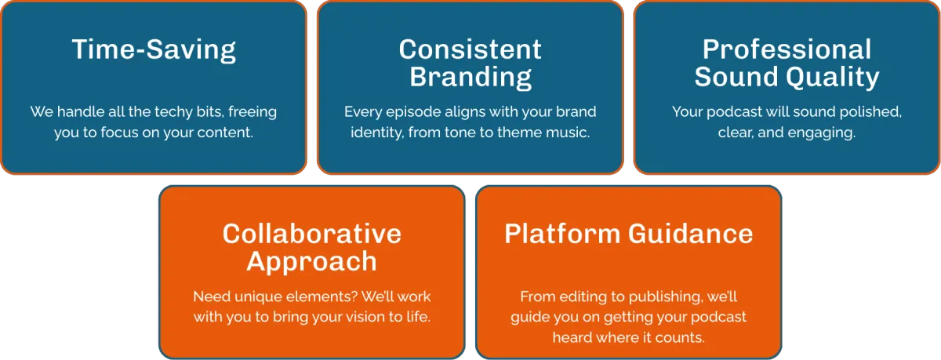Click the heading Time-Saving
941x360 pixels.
pos(154,50)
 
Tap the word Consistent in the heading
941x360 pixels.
pos(470,49)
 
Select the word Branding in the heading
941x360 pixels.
pos(470,78)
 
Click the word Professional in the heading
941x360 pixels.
pos(787,49)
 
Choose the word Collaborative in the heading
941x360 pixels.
pos(312,234)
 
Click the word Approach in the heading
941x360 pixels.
pos(312,263)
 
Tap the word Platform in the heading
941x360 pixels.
pos(562,234)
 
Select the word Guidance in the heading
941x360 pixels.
pos(691,234)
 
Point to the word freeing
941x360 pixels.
pos(253,112)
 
